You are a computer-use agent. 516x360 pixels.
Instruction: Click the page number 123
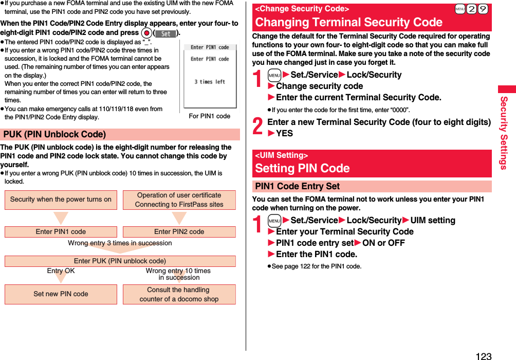click(x=483, y=355)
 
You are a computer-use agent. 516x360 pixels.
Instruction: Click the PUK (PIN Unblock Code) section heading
click(x=54, y=135)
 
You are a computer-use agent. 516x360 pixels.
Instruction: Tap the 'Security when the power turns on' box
click(x=61, y=200)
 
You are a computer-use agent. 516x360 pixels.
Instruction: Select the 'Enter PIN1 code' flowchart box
click(x=61, y=232)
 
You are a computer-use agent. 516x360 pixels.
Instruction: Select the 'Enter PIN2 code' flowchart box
click(x=179, y=232)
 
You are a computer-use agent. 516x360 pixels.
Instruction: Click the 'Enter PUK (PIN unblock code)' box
click(x=120, y=261)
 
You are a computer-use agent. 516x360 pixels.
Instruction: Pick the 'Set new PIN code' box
click(x=61, y=294)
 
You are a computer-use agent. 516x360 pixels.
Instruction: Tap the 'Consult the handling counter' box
click(x=179, y=294)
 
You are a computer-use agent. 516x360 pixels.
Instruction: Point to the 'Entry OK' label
click(x=61, y=271)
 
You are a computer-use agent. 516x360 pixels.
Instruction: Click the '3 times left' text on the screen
click(x=209, y=82)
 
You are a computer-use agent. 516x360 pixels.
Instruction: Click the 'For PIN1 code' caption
click(x=209, y=116)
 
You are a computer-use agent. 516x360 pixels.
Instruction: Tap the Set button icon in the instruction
click(x=165, y=33)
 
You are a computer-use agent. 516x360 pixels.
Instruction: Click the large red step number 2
click(x=259, y=127)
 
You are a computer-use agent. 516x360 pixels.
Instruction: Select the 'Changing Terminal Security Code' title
click(x=348, y=22)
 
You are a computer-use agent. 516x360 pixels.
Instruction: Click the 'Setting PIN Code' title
click(x=302, y=168)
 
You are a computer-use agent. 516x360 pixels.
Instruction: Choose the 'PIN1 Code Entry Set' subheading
click(x=298, y=187)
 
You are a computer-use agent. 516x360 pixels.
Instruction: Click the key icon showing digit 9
click(x=482, y=9)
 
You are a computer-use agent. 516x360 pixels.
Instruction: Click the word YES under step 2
click(x=284, y=133)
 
